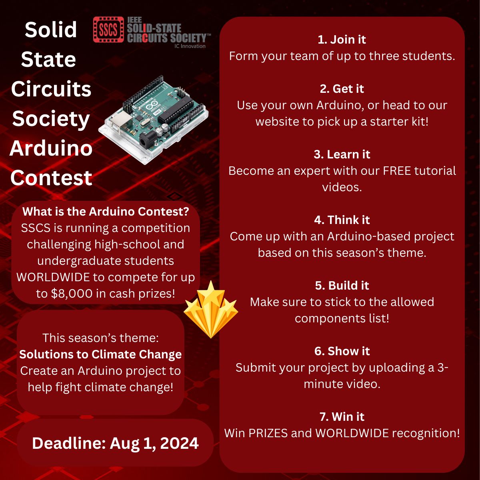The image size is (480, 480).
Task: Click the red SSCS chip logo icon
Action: tap(108, 30)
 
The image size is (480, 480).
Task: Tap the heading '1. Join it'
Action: tap(342, 40)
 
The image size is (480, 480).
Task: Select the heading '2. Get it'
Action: tap(342, 89)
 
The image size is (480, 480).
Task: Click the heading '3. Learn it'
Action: tap(342, 154)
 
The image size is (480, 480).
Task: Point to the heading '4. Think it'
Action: tap(342, 220)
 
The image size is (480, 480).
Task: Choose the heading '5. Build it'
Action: tap(342, 286)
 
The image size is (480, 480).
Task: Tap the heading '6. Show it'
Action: tap(342, 351)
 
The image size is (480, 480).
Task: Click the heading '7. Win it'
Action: tap(342, 417)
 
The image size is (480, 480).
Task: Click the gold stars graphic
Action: tap(211, 310)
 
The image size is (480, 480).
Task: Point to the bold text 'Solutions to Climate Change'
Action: tap(100, 354)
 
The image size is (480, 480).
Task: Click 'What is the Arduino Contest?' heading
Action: tap(106, 212)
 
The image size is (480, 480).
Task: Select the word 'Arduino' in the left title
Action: tap(51, 148)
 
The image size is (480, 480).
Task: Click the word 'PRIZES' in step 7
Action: tap(268, 433)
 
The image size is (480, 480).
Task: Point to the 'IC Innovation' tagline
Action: tap(190, 46)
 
